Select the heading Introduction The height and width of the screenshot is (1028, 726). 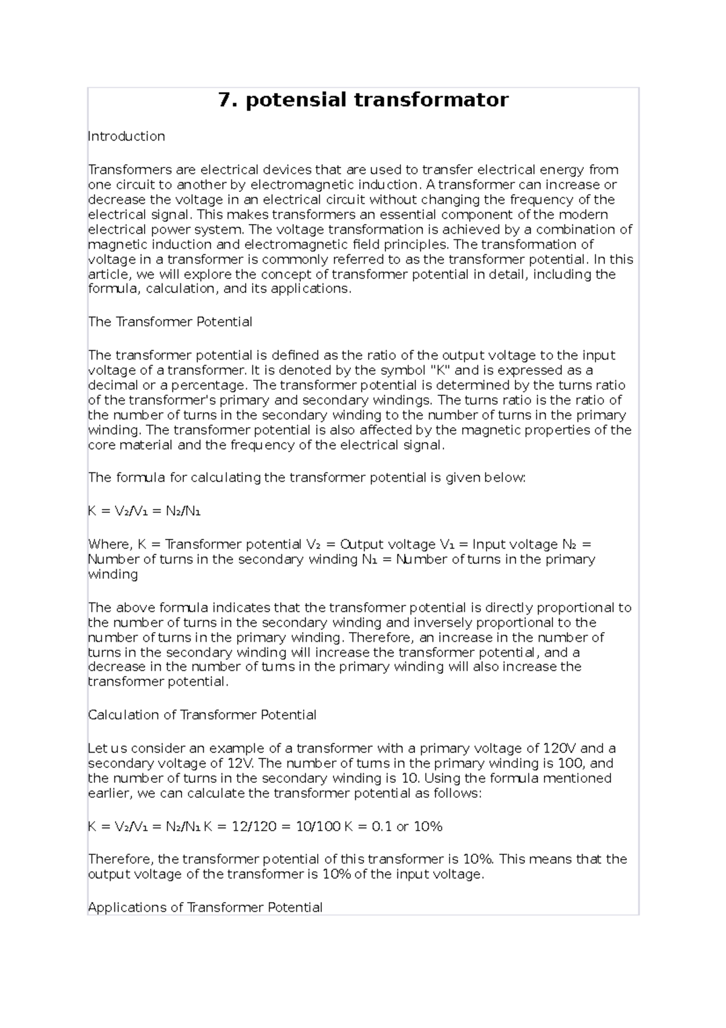(126, 136)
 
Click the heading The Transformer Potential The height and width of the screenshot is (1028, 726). (170, 322)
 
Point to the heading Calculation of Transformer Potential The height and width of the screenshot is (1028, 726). (202, 715)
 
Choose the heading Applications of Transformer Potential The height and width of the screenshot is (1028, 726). (205, 908)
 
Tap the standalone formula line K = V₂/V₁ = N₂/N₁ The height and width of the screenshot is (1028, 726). (144, 511)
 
